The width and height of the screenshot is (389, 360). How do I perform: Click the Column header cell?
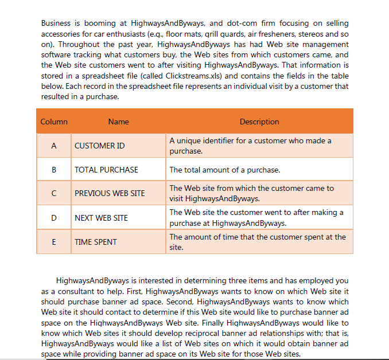[x=54, y=122]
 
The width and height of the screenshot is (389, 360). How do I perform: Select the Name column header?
[x=118, y=122]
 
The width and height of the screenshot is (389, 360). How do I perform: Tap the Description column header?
[x=259, y=122]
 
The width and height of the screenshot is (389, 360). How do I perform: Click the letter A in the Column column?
[x=54, y=146]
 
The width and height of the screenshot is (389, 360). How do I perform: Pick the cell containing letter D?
[x=54, y=218]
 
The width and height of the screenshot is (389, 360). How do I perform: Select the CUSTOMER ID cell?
[x=99, y=146]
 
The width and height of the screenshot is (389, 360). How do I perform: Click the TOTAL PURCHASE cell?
[x=106, y=170]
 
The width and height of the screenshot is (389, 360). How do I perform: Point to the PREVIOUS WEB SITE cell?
[x=110, y=194]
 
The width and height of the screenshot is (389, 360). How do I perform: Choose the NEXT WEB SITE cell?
[x=101, y=218]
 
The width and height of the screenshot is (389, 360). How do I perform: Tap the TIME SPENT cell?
[x=95, y=242]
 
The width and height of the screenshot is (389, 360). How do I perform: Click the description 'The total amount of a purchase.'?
[x=224, y=170]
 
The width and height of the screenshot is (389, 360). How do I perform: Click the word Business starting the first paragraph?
[x=56, y=24]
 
